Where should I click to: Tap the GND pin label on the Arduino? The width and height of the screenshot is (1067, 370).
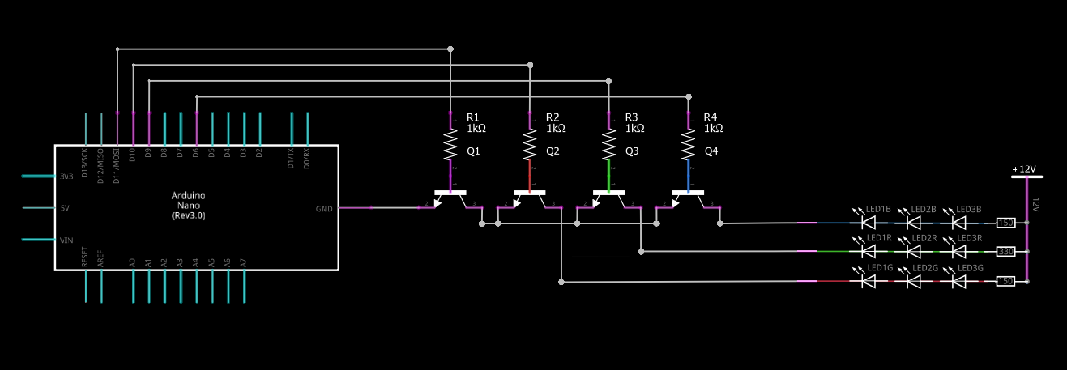click(324, 208)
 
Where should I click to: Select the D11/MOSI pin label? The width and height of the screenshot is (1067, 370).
click(116, 166)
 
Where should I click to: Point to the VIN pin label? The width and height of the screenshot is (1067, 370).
click(66, 240)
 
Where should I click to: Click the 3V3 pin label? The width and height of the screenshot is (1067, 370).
click(66, 176)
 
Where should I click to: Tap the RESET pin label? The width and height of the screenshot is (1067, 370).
click(85, 257)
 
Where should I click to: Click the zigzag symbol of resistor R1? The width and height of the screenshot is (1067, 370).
click(450, 145)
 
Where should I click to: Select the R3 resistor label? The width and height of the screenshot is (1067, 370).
click(631, 117)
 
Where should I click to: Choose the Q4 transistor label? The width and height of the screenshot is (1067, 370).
click(711, 151)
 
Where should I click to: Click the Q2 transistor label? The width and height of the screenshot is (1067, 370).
click(553, 151)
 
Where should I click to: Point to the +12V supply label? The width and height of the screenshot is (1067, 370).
click(1024, 169)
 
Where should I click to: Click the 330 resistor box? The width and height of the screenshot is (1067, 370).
click(1006, 251)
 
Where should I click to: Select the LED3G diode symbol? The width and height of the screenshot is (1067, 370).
click(959, 281)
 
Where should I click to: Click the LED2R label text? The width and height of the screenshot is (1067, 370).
click(924, 238)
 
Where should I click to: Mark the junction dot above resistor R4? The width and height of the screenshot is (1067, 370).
click(688, 97)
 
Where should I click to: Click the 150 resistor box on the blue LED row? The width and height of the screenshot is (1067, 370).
click(1006, 223)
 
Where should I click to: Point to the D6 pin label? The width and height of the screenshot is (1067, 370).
click(196, 153)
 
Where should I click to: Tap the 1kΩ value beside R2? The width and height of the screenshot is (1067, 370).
click(556, 129)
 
